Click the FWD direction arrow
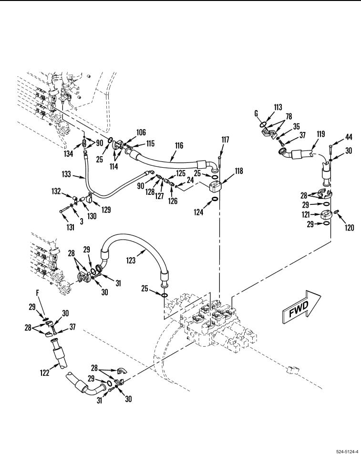click(301, 307)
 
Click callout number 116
click(179, 145)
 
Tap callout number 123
click(131, 260)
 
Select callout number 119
click(320, 134)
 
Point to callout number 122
click(44, 373)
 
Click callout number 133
click(66, 174)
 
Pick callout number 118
click(239, 171)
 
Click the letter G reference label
click(256, 113)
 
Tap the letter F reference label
click(37, 293)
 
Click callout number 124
click(198, 212)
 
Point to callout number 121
click(306, 214)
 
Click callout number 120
click(350, 228)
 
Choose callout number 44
click(348, 137)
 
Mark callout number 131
click(71, 227)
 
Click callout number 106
click(141, 132)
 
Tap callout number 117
click(225, 140)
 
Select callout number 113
click(278, 107)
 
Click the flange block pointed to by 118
click(215, 184)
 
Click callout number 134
click(68, 153)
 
